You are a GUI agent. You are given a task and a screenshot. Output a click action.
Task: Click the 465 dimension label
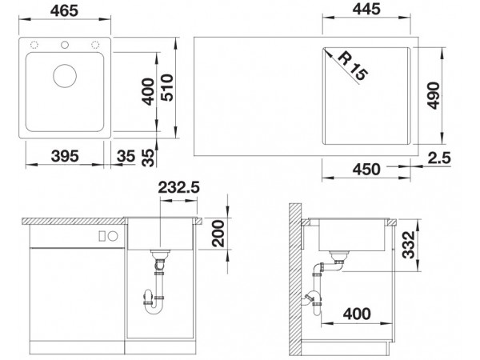[x=64, y=11]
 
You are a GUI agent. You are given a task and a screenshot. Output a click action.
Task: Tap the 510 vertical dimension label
[x=167, y=87]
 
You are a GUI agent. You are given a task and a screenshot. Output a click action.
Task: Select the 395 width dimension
[x=65, y=156]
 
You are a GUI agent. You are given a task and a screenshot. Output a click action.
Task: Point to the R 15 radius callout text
[x=352, y=66]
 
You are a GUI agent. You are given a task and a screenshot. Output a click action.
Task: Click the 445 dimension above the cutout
[x=366, y=9]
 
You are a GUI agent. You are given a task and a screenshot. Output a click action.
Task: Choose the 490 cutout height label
[x=434, y=95]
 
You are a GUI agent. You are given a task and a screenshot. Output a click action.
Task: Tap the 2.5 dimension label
[x=439, y=158]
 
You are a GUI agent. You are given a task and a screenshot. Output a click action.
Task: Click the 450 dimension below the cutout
[x=366, y=170]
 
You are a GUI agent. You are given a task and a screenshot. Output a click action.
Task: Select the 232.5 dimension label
[x=178, y=187]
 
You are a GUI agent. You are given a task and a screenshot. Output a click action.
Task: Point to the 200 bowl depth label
[x=218, y=234]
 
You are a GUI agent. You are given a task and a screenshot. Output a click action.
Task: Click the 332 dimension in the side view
[x=408, y=245]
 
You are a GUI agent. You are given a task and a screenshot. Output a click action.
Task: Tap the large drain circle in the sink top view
[x=65, y=76]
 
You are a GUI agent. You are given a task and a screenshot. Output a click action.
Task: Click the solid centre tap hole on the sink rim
[x=65, y=45]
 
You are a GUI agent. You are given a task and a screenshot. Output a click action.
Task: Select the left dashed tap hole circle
[x=34, y=45]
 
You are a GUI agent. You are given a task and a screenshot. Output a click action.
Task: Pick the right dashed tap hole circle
[x=95, y=45]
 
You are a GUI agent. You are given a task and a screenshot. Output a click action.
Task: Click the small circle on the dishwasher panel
[x=113, y=236]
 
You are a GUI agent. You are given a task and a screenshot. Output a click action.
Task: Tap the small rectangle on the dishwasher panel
[x=102, y=236]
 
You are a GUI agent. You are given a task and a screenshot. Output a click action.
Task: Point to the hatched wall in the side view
[x=295, y=279]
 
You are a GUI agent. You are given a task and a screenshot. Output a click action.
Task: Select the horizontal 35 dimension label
[x=126, y=156]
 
